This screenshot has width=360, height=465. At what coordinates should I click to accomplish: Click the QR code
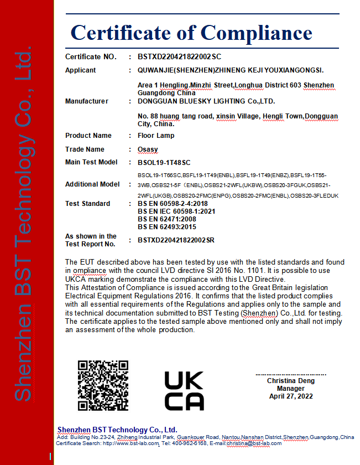[x=103, y=385]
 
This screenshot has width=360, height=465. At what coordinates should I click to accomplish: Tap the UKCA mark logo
[x=184, y=390]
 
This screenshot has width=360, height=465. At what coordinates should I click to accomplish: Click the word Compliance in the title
[x=256, y=33]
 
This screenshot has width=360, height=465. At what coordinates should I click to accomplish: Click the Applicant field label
[x=80, y=70]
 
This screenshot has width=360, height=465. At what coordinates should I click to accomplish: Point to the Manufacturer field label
[x=86, y=101]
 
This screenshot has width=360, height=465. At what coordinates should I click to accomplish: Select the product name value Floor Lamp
[x=155, y=136]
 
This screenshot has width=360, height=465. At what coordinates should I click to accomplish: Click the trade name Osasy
[x=148, y=149]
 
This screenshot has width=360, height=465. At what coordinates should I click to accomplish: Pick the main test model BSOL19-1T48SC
[x=164, y=162]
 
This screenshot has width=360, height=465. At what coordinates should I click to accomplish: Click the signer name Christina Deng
[x=291, y=381]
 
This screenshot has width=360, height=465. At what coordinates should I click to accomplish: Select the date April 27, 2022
[x=291, y=396]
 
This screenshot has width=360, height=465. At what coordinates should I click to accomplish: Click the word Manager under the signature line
[x=291, y=389]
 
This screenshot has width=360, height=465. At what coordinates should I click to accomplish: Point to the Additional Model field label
[x=92, y=184]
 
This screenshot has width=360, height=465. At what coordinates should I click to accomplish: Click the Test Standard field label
[x=87, y=204]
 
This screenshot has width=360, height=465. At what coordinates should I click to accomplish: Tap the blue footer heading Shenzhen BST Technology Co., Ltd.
[x=117, y=430]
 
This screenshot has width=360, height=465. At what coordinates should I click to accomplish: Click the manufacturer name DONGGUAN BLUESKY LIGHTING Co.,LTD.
[x=206, y=101]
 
